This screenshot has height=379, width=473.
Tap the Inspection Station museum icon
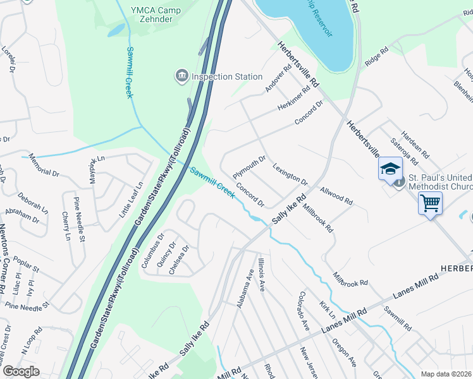(181, 76)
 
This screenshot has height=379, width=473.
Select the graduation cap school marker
(390, 168)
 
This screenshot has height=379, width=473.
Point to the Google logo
(20, 371)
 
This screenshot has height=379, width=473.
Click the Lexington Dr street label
(290, 174)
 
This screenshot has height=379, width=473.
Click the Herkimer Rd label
(295, 100)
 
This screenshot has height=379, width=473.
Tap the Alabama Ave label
(245, 291)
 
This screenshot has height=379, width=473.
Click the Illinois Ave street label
(261, 274)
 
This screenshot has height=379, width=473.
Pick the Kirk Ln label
(327, 310)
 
